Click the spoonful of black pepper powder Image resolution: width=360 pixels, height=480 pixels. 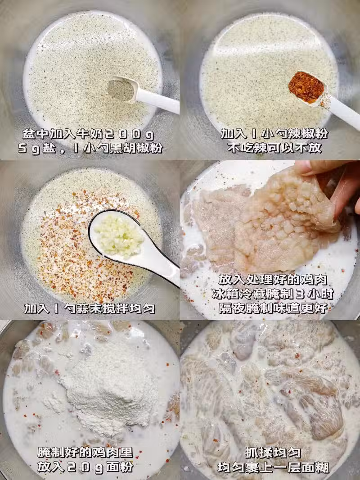[x=121, y=90]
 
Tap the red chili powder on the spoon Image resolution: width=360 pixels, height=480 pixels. [x=306, y=86]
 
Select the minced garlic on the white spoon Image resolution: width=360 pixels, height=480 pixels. [x=119, y=235]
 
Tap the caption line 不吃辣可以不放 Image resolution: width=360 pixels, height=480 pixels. [x=274, y=148]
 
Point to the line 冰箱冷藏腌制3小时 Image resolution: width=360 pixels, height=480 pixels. [x=273, y=294]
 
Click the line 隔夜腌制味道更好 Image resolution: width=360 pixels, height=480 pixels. [x=273, y=308]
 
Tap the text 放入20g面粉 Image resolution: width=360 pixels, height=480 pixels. [x=85, y=467]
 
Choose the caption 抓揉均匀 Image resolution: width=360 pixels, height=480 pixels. [x=273, y=453]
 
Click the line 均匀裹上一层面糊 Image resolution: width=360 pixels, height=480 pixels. [x=274, y=467]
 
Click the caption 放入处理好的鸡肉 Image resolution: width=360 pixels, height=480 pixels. [x=273, y=280]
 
